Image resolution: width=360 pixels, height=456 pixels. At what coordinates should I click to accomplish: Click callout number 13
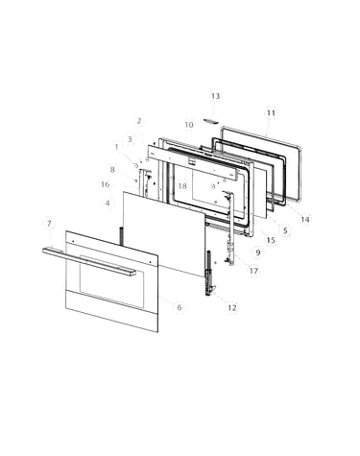tap(215, 96)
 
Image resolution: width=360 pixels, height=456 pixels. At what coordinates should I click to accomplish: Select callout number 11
tap(271, 113)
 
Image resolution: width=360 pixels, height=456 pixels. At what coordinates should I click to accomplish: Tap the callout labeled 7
tap(49, 224)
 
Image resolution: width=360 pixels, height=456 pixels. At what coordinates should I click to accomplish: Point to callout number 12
tap(232, 307)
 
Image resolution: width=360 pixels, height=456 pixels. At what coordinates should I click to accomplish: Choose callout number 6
tap(180, 307)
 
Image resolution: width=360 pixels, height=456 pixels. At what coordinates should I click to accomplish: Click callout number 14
tap(305, 219)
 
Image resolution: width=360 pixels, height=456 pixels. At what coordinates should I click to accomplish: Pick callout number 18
tap(182, 186)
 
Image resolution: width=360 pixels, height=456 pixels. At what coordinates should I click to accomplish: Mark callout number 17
tap(253, 271)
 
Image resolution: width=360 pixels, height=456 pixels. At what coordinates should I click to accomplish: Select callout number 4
tap(108, 203)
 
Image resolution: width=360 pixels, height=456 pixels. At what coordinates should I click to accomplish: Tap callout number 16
tap(105, 184)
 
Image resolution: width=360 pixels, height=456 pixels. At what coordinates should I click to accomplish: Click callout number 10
tap(189, 125)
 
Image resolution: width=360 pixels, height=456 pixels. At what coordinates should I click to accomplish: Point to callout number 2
tap(139, 121)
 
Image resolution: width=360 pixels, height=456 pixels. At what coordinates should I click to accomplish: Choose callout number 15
tap(271, 240)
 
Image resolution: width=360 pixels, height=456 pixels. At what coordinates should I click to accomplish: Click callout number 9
tap(258, 252)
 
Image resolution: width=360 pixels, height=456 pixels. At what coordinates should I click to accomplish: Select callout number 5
tap(285, 230)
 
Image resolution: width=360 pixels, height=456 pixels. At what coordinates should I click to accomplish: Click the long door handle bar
tap(89, 261)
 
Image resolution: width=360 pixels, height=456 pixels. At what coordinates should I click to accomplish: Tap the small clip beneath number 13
tap(211, 121)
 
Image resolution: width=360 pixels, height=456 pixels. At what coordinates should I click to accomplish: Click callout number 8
tap(112, 170)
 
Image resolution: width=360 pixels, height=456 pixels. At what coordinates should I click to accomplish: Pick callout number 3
tap(130, 139)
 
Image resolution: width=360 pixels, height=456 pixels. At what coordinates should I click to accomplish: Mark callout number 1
tap(116, 147)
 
